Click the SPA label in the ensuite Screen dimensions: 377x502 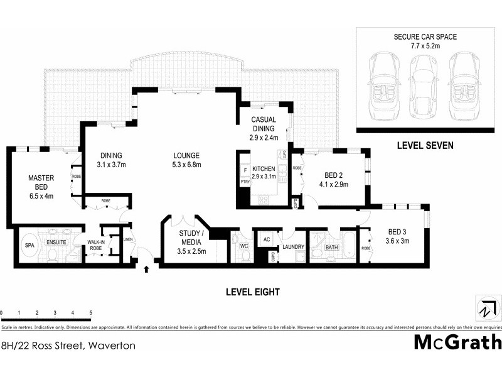(29, 246)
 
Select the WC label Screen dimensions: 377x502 (245, 246)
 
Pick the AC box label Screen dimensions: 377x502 (266, 239)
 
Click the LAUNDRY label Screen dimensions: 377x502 (293, 247)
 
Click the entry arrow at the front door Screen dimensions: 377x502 (147, 269)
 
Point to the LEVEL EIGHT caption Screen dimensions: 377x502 (252, 292)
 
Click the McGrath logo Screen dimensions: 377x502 (457, 342)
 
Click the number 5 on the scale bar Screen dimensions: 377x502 (91, 312)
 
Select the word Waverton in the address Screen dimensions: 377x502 (111, 346)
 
